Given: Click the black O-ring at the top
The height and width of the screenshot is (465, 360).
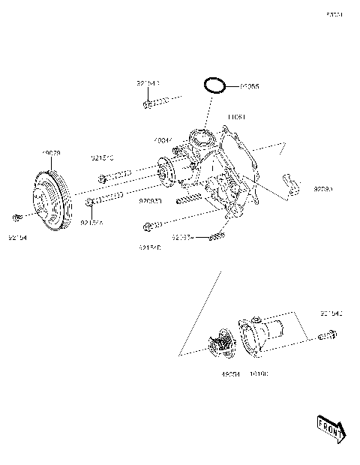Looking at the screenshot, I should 215,84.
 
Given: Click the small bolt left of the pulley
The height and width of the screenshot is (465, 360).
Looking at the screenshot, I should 16,217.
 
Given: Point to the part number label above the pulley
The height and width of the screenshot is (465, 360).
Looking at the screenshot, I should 51,153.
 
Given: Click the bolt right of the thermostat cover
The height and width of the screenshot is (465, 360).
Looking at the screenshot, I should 326,334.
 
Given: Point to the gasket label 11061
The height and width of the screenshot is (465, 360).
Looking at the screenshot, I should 237,117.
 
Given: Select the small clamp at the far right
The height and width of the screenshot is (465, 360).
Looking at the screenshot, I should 290,182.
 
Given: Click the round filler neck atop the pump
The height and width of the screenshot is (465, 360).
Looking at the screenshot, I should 199,138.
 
